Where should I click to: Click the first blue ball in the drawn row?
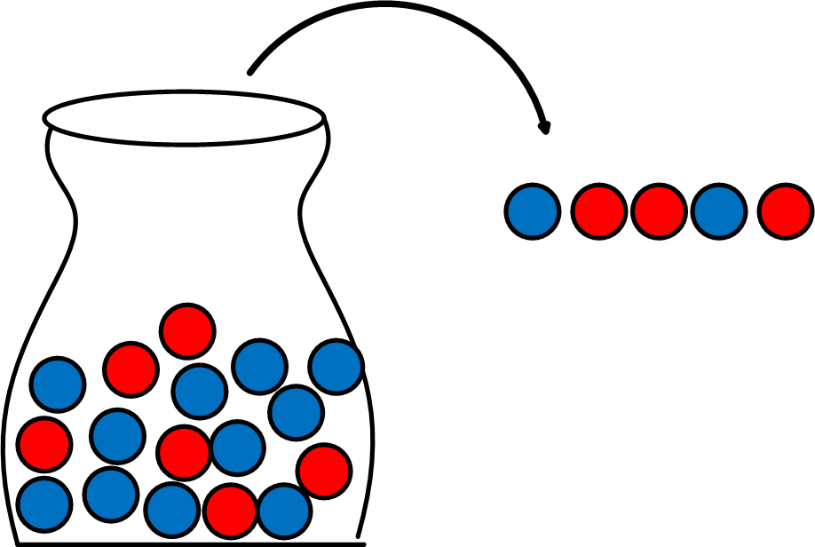533,211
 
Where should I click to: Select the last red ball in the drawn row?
786,211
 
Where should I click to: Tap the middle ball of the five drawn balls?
659,211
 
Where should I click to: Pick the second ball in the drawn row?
598,211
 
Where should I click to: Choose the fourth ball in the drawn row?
719,211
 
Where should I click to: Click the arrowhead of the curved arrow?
545,128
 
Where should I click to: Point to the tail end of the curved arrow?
251,70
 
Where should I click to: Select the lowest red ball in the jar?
230,511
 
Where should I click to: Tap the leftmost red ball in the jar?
44,443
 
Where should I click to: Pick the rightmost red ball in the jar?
324,471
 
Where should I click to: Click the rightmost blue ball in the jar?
336,366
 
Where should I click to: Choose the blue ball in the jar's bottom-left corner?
44,503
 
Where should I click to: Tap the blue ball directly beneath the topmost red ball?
200,391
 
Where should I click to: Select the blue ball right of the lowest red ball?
284,511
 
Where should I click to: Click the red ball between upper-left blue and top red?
131,369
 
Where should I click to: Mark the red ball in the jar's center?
184,451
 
